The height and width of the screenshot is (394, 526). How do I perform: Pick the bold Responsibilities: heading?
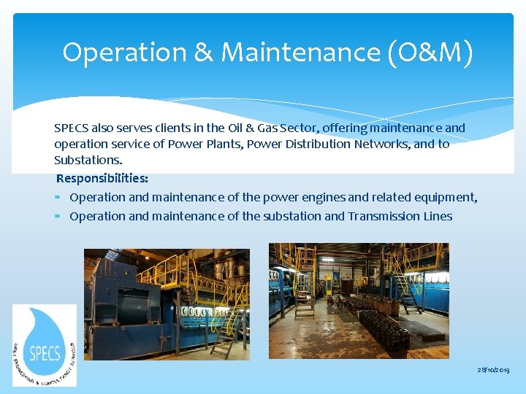(102, 178)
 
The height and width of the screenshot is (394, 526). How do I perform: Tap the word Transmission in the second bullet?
(385, 216)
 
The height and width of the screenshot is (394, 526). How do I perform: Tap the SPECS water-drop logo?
(45, 345)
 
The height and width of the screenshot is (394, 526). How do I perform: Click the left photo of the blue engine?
(167, 304)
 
